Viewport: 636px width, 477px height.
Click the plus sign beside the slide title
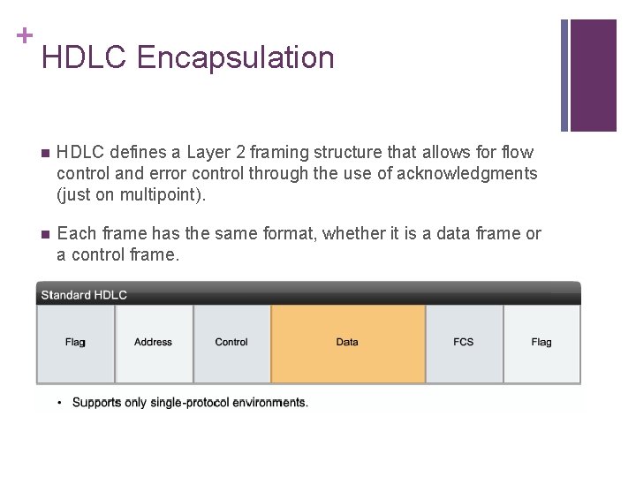click(24, 35)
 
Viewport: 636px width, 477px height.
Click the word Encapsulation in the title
click(236, 58)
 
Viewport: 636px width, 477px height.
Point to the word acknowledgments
click(466, 174)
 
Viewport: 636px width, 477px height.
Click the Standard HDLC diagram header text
click(84, 294)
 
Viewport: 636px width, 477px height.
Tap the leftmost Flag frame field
click(75, 343)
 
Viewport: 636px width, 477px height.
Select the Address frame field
click(154, 343)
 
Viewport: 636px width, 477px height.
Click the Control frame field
click(231, 343)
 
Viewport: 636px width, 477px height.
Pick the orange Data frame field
click(347, 343)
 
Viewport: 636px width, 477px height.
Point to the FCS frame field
click(464, 343)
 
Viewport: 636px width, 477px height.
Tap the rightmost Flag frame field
click(541, 343)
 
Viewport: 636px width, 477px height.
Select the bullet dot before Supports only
click(60, 403)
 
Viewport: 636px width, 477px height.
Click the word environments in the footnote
click(269, 403)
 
